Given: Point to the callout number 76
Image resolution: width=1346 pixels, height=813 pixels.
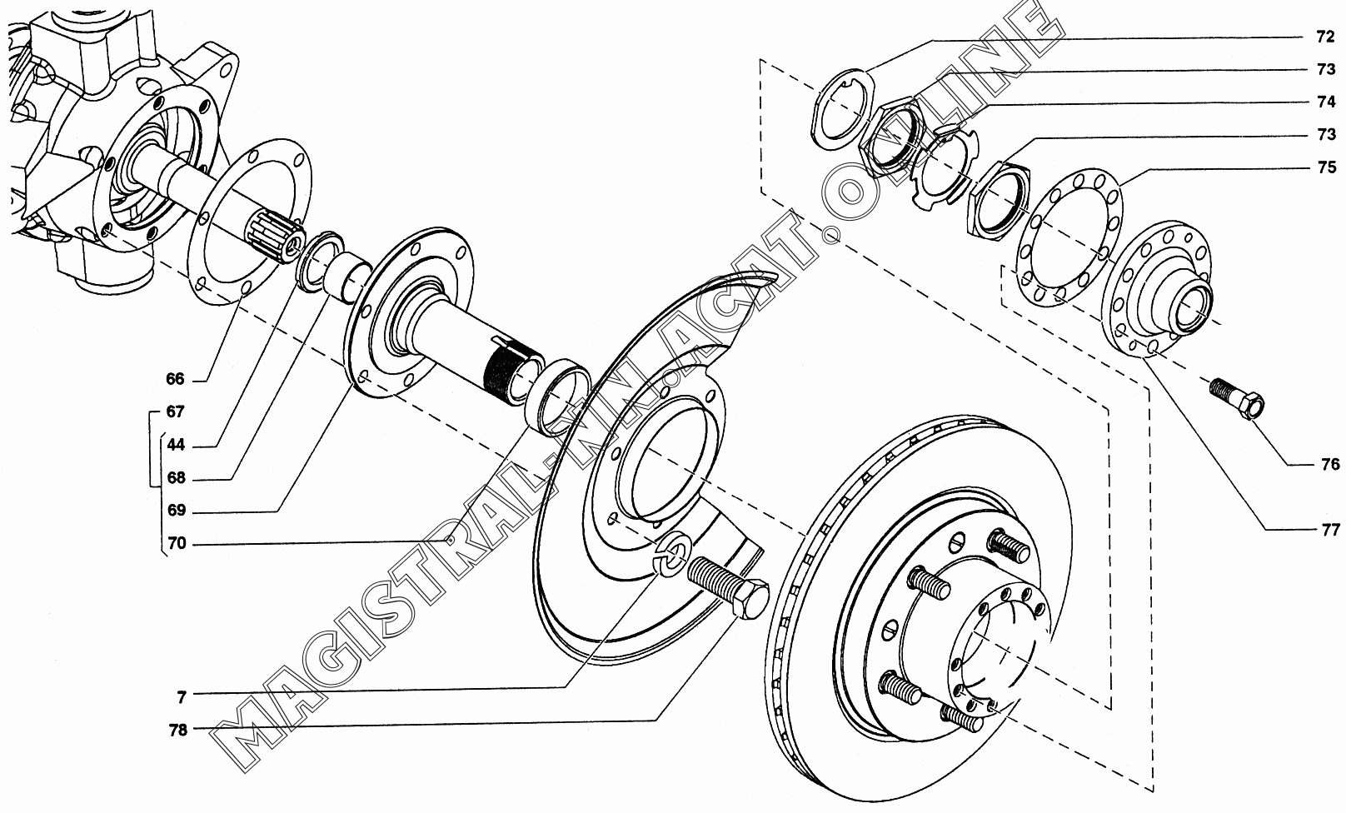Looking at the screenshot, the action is pyautogui.click(x=1330, y=464).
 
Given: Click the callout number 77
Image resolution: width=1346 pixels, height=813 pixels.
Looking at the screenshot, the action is pyautogui.click(x=1331, y=530).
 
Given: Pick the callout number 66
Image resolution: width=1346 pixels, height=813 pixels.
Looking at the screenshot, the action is pyautogui.click(x=176, y=378).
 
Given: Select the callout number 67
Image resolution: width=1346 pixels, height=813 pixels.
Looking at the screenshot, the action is pyautogui.click(x=176, y=411).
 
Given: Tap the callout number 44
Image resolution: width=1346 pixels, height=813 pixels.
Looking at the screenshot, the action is pyautogui.click(x=176, y=445).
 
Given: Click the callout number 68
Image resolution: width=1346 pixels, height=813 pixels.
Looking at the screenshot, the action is pyautogui.click(x=176, y=477).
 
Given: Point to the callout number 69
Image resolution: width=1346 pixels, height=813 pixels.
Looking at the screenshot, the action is pyautogui.click(x=176, y=510).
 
